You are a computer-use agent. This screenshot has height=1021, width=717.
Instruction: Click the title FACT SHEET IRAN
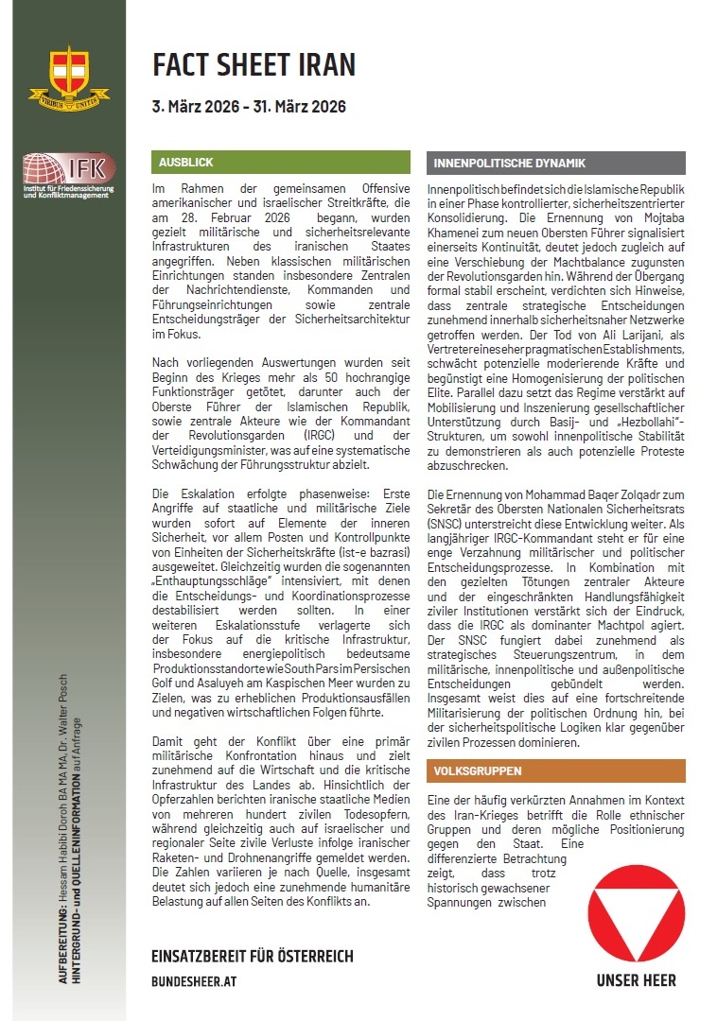pyautogui.click(x=254, y=65)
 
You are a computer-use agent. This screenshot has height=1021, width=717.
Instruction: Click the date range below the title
pyautogui.click(x=249, y=106)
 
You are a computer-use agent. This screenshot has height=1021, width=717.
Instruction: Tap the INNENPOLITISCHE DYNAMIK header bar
pyautogui.click(x=556, y=163)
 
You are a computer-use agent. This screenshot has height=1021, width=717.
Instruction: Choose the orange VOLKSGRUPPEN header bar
pyautogui.click(x=556, y=770)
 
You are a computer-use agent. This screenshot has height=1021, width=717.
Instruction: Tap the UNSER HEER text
pyautogui.click(x=636, y=980)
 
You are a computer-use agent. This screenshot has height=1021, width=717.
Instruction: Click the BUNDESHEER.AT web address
pyautogui.click(x=194, y=981)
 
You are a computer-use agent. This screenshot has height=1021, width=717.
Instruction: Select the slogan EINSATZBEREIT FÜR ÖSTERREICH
pyautogui.click(x=252, y=956)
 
